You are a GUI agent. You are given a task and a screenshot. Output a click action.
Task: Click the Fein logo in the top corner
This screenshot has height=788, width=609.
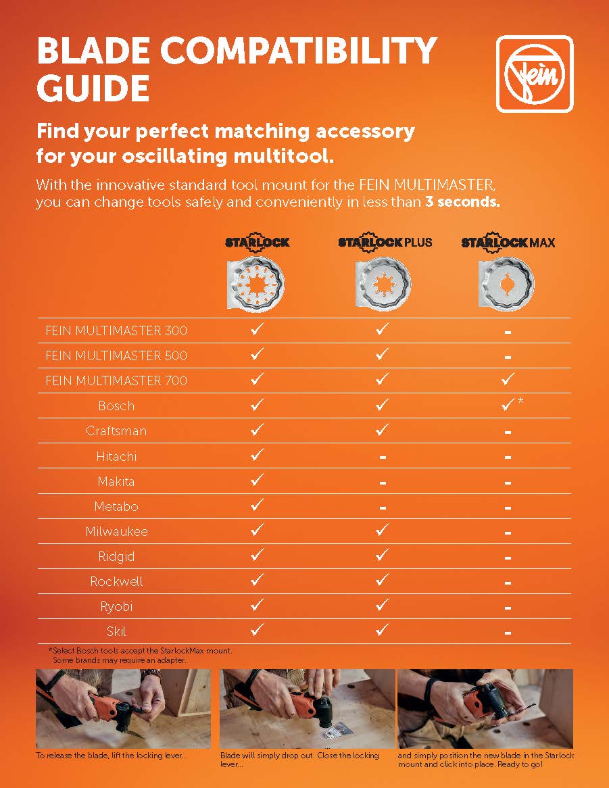(535, 74)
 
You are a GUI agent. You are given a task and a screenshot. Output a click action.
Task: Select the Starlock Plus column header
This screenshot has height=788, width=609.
(385, 242)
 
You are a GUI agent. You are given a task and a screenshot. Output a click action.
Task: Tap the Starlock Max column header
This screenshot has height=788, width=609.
(508, 242)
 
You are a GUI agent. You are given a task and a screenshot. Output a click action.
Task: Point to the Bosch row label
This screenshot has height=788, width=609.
(116, 405)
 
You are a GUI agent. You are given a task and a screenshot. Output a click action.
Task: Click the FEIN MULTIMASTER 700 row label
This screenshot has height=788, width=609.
(116, 380)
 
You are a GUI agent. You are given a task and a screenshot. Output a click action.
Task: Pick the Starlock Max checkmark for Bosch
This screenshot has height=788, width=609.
(508, 405)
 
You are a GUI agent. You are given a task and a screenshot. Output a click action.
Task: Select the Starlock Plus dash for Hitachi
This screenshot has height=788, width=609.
(383, 458)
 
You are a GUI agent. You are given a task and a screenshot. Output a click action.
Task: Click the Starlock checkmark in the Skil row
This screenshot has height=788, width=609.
(257, 630)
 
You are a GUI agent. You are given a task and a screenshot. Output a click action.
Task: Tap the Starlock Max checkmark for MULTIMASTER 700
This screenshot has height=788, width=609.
(508, 379)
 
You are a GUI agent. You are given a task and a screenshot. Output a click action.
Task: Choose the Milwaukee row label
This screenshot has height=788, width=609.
(116, 531)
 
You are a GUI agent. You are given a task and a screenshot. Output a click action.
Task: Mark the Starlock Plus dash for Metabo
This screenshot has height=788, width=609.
(383, 508)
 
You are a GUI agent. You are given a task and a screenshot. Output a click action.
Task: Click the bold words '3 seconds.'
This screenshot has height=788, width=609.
(462, 203)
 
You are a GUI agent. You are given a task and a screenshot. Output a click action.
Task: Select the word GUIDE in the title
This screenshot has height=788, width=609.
(93, 88)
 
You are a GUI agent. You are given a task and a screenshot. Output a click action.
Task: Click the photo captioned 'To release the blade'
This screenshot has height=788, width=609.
(123, 708)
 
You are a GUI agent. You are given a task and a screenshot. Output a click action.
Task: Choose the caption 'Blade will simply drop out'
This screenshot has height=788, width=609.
(299, 759)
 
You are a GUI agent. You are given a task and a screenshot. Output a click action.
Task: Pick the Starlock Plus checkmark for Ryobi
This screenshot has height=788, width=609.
(382, 605)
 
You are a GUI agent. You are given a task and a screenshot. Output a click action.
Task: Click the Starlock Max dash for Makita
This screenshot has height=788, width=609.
(508, 483)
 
